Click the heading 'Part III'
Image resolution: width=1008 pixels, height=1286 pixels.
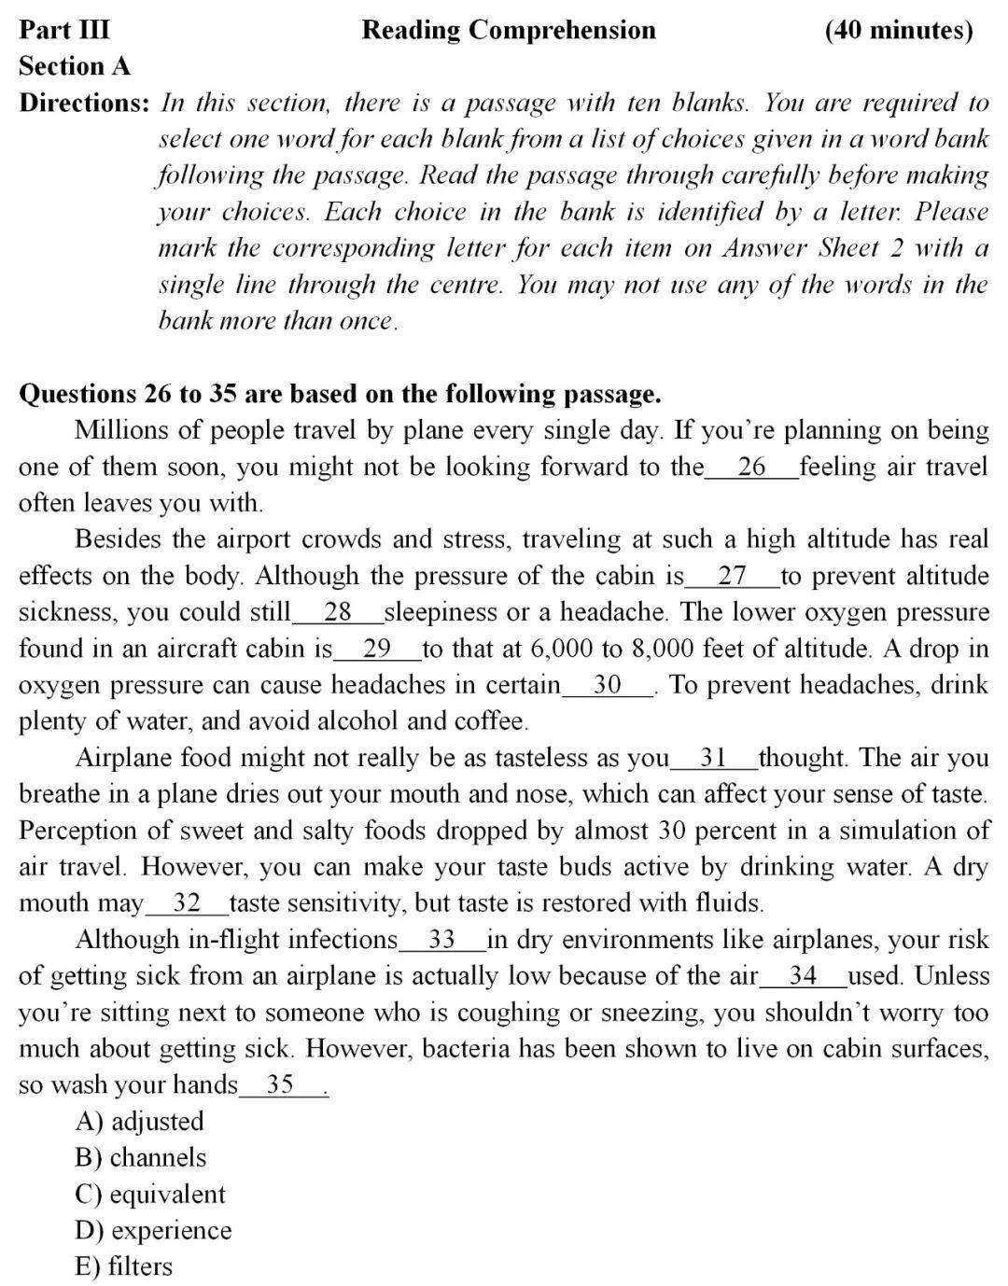coord(64,30)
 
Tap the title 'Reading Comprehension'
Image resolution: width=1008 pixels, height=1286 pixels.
coord(509,30)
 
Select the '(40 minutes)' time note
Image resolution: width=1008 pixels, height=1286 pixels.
coord(899,30)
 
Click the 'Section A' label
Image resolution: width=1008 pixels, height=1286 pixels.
coord(75,66)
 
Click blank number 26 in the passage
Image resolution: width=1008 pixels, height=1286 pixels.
coord(751,467)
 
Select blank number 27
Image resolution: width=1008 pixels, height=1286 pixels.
coord(732,576)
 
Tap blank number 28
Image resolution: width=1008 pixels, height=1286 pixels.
coord(337,612)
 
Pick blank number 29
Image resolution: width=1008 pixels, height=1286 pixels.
coord(377,649)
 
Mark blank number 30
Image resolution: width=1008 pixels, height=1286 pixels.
coord(607,685)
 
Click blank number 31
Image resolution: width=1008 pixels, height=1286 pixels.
coord(713,758)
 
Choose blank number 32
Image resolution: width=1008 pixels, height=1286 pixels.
coord(187,903)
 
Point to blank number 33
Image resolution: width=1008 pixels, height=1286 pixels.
coord(441,940)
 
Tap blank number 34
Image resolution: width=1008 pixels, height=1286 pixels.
coord(803,976)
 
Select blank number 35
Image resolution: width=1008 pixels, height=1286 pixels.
coord(281,1085)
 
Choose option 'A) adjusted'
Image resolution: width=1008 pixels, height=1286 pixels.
coord(139,1122)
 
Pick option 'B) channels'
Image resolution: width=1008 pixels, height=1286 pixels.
coord(141,1158)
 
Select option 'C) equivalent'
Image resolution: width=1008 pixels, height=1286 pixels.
coord(150,1195)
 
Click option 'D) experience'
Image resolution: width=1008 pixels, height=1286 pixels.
coord(153,1231)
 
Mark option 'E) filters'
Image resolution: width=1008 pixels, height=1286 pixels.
coord(124,1267)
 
